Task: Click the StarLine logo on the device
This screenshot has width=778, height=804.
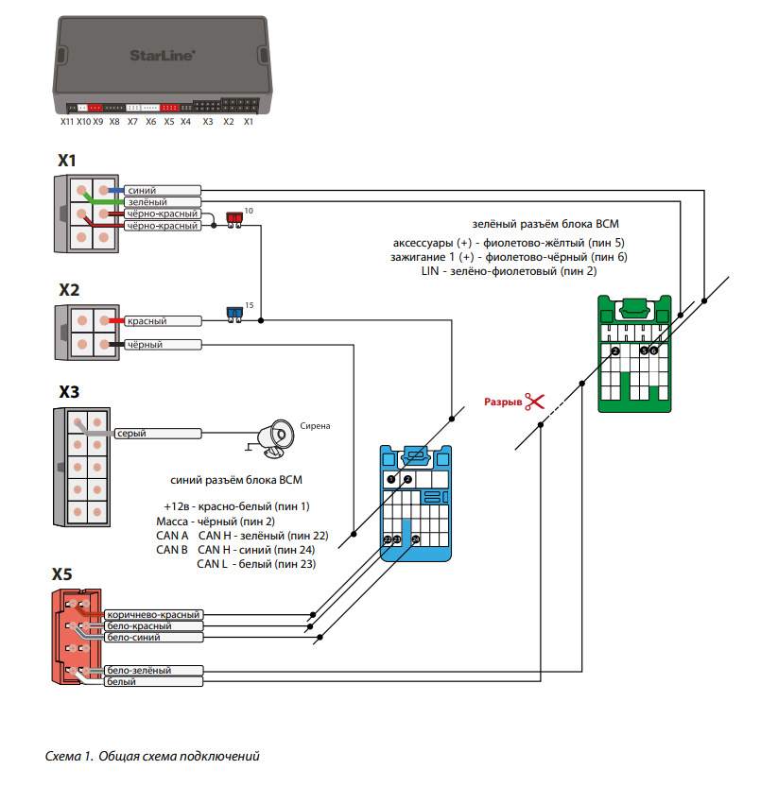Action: (163, 55)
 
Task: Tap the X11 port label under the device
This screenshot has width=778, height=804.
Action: (66, 122)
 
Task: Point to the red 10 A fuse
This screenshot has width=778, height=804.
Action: (233, 218)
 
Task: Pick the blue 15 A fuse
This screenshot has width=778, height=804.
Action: (233, 313)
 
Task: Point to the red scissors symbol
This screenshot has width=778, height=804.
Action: (535, 402)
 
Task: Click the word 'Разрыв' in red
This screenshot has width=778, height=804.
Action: (502, 402)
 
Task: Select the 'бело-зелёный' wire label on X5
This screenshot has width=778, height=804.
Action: (142, 671)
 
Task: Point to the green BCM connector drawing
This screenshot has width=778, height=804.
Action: (635, 352)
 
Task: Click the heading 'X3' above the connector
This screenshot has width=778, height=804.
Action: (69, 391)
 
